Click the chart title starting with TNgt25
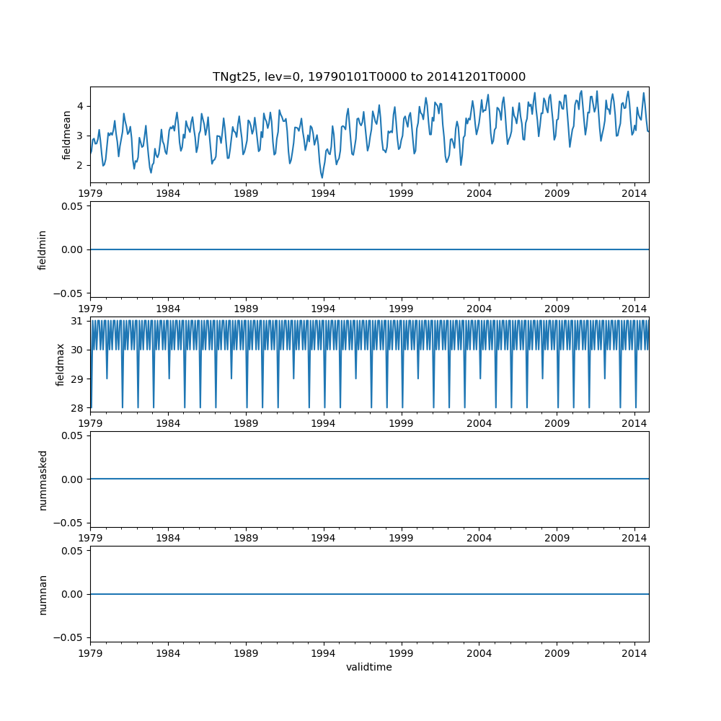coord(368,76)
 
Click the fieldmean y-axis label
coord(66,135)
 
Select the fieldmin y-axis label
coord(43,249)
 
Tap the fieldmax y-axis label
coord(61,364)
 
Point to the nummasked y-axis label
coord(43,479)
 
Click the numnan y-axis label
coord(43,594)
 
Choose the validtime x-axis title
coord(368,668)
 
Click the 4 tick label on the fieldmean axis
coord(81,106)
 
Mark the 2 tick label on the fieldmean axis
coord(81,165)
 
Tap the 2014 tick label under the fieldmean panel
coord(634,193)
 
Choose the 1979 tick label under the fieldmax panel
coord(91,423)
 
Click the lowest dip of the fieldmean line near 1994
coord(322,177)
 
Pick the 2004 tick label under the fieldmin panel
coord(479,308)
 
